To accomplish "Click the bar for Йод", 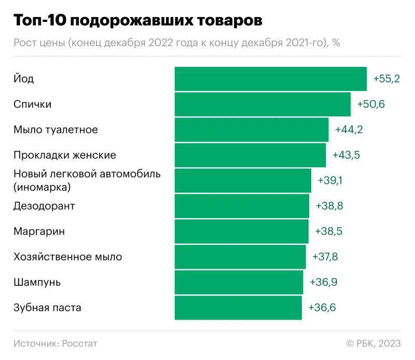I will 270,79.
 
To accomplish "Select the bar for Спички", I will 262,104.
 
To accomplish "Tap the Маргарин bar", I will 241,231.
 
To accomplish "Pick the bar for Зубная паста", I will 238,308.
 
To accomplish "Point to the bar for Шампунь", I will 239,282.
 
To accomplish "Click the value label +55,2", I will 386,79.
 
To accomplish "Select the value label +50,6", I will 371,104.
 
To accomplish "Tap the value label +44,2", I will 349,130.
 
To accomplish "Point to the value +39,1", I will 330,181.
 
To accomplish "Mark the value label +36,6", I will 322,308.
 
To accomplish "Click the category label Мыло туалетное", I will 56,130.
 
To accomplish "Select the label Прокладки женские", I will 65,155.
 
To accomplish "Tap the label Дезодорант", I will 44,206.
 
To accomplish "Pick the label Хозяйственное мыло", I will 68,257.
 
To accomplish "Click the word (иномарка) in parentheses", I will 42,186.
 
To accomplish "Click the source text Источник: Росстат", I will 56,343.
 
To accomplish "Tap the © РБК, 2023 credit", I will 374,343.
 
